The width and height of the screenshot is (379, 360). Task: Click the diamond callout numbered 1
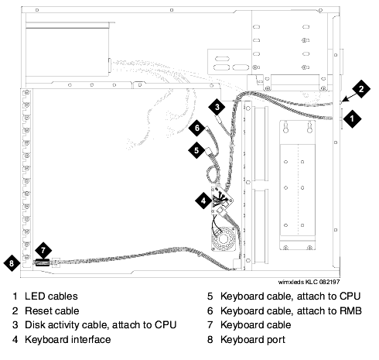(352, 118)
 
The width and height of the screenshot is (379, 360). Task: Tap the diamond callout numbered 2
(361, 89)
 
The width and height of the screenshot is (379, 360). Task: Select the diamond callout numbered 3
(217, 107)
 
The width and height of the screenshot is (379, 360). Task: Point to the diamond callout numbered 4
(203, 201)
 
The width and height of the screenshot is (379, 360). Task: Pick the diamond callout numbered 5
(196, 150)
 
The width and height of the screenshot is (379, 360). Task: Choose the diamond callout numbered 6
(197, 128)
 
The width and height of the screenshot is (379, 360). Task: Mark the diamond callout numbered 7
(43, 250)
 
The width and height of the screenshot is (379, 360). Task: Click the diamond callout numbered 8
(12, 263)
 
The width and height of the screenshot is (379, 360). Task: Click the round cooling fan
(224, 238)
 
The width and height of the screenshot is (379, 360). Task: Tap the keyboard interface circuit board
(222, 200)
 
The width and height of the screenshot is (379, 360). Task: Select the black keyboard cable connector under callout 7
(43, 262)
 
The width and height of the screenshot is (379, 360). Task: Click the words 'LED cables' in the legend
(51, 297)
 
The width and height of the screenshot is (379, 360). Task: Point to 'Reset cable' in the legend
(52, 310)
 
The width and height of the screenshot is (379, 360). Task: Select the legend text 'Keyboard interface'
(68, 340)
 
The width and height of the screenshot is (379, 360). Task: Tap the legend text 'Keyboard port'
(253, 340)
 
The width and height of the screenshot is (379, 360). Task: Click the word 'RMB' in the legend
(350, 310)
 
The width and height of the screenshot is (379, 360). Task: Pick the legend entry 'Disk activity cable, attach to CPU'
(101, 325)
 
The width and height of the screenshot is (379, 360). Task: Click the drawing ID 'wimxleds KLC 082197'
(309, 282)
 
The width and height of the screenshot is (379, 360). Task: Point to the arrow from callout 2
(349, 98)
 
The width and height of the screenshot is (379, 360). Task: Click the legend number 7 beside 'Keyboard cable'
(210, 325)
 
